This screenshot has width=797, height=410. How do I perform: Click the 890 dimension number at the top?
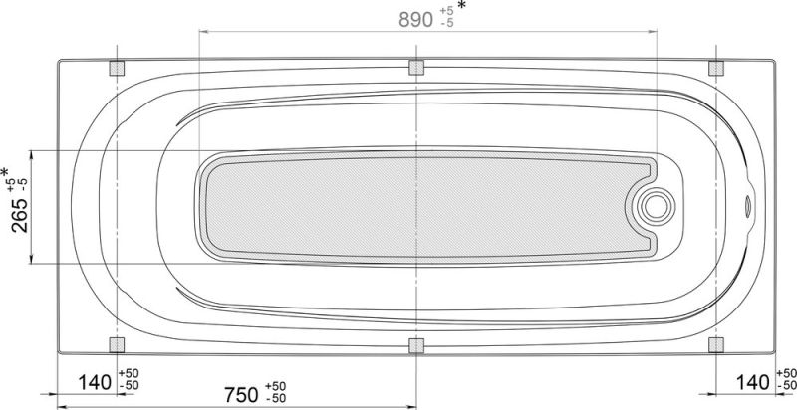click(x=409, y=19)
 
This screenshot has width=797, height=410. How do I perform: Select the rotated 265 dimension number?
click(x=19, y=208)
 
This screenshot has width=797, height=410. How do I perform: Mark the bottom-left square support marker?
click(x=117, y=345)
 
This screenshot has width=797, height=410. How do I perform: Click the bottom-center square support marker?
click(x=416, y=345)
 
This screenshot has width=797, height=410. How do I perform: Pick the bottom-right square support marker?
click(x=715, y=345)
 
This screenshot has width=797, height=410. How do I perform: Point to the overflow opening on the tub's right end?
click(x=749, y=206)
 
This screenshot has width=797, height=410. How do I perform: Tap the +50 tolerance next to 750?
click(x=276, y=385)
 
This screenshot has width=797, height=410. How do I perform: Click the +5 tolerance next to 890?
click(x=445, y=13)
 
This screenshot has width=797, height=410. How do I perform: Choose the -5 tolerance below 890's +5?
click(x=445, y=25)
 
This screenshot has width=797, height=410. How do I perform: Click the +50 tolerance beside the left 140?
click(x=129, y=373)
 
